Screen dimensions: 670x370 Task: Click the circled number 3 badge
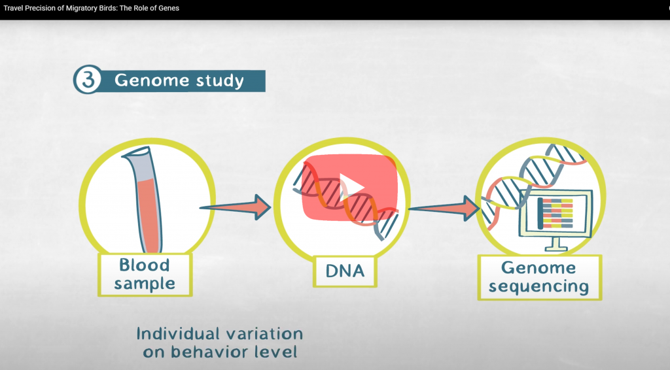click(x=88, y=80)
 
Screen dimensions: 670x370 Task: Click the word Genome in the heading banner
click(x=151, y=80)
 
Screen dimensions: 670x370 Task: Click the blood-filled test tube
click(x=143, y=200)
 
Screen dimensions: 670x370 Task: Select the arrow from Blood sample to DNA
click(x=236, y=207)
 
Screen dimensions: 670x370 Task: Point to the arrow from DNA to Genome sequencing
click(x=444, y=209)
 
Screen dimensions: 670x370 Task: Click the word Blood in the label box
click(x=145, y=265)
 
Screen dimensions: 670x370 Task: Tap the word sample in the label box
click(x=145, y=284)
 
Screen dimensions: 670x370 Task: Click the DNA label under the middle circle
click(x=345, y=271)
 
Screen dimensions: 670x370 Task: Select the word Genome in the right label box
click(x=538, y=268)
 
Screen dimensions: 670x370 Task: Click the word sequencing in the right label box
click(x=539, y=287)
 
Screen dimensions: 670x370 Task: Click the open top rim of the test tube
click(x=136, y=152)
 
